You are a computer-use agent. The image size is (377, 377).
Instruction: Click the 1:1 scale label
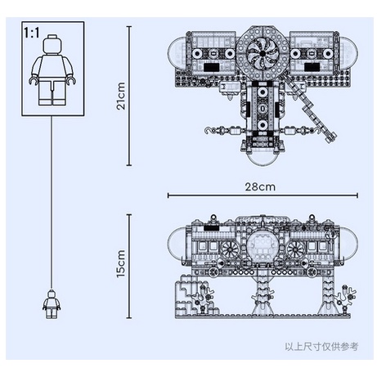(32, 33)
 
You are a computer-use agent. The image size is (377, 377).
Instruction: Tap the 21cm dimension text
(121, 96)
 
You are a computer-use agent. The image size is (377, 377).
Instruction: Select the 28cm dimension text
(260, 187)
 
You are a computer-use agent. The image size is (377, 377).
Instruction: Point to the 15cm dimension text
(121, 263)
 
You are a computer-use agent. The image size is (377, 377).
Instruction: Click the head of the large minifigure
(52, 44)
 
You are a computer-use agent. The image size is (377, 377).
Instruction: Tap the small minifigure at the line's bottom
(52, 304)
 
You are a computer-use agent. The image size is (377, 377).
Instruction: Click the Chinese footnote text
(321, 347)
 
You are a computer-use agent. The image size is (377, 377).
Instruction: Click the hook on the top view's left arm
(208, 131)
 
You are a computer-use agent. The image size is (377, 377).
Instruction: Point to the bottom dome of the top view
(263, 159)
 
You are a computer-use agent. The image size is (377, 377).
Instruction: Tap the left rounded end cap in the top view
(177, 54)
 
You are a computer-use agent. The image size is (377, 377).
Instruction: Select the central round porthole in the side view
(263, 245)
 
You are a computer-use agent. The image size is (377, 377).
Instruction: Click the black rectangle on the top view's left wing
(212, 67)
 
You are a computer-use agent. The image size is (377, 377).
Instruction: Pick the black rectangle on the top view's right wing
(312, 67)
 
